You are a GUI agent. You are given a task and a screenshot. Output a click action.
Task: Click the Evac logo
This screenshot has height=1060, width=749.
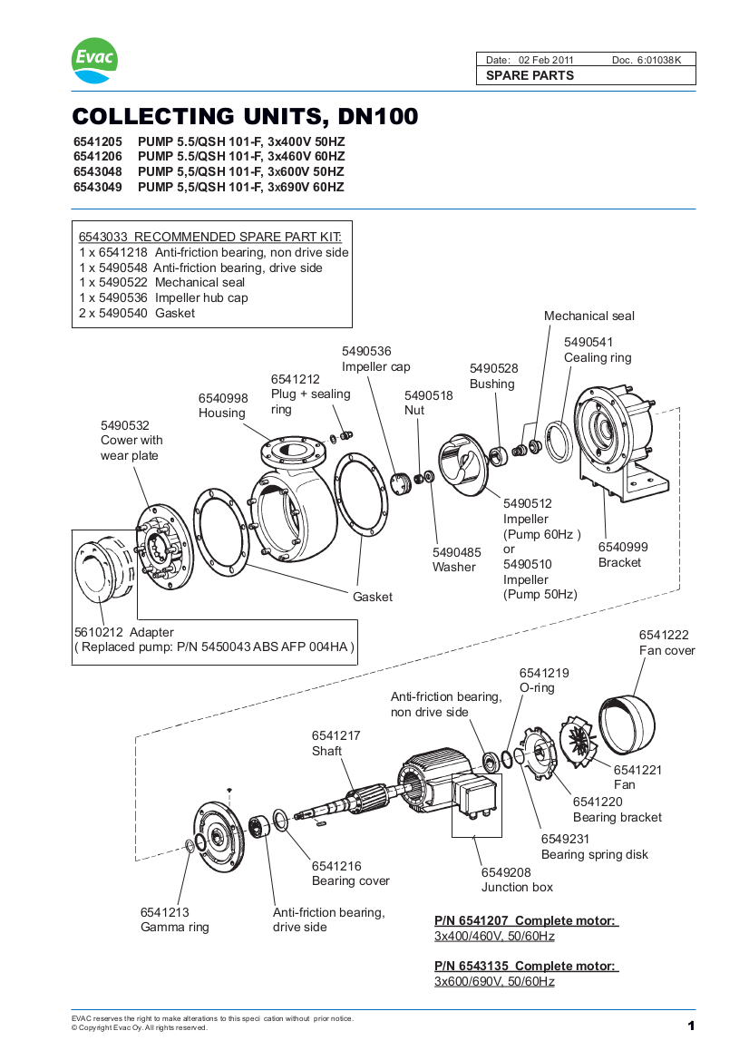coord(94,60)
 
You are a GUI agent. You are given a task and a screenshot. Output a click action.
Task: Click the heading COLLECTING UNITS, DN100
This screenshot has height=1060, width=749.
coord(245,117)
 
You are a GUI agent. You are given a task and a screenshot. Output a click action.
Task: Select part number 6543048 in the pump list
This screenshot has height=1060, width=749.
coord(97,171)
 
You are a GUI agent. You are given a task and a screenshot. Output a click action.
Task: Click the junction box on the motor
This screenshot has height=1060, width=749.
coord(477,797)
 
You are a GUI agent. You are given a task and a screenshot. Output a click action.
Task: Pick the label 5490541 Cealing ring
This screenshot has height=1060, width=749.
coord(597,349)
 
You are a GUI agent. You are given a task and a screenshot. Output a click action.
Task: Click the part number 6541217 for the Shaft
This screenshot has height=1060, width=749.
coord(336,735)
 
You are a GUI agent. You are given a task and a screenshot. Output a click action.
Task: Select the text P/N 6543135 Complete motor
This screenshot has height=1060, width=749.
coord(526,966)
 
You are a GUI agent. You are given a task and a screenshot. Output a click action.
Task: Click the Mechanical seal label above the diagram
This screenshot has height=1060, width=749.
coord(588,316)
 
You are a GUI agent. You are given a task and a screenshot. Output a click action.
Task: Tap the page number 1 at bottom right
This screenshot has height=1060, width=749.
coord(690,1026)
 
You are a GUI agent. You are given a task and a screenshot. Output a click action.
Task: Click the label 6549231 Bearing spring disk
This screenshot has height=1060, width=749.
coord(594,847)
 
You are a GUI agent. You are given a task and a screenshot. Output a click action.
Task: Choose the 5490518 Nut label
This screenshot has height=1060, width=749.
coord(428,403)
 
